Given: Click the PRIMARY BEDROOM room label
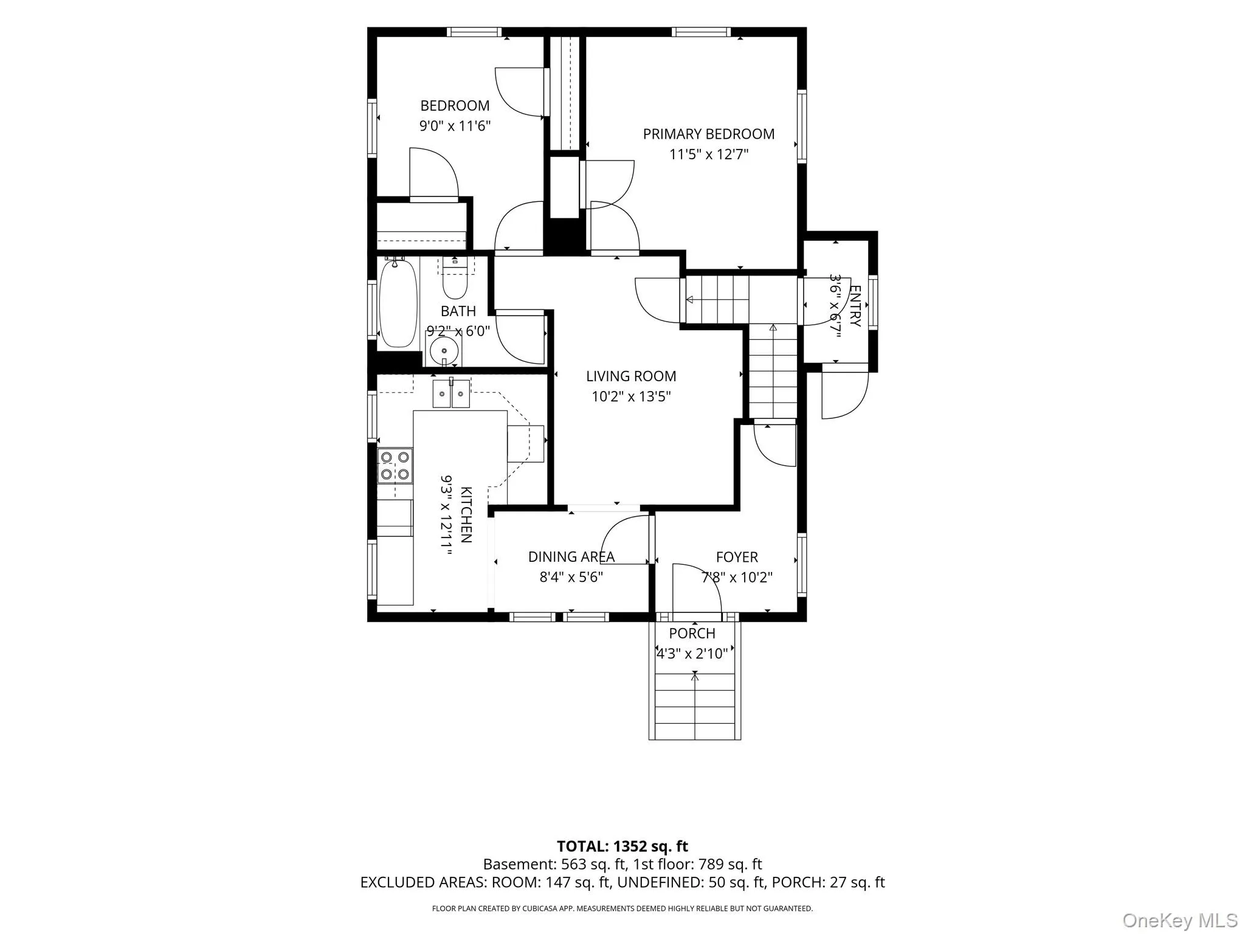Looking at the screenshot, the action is [709, 134].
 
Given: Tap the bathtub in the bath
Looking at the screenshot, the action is [399, 303].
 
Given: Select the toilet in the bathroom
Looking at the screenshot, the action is [454, 278].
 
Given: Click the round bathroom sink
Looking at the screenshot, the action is [444, 351].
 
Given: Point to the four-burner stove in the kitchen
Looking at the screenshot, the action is [395, 466].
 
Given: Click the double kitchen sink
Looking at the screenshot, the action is [451, 393].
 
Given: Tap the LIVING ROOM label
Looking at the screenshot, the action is [631, 376].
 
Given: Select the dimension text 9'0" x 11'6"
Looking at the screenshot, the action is [455, 126].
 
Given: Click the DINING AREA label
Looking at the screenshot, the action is [571, 557].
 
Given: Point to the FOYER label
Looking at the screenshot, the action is [737, 557].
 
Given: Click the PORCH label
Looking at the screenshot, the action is [692, 634].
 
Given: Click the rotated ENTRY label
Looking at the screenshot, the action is [855, 306].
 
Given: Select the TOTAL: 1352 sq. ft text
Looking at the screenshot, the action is [622, 846].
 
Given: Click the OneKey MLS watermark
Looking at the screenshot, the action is [1180, 921].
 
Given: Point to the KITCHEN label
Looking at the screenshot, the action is [466, 514].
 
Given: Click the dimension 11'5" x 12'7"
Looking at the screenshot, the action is [709, 154].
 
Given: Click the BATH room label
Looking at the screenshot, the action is [458, 311].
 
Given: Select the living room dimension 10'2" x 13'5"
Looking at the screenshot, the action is [631, 397].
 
